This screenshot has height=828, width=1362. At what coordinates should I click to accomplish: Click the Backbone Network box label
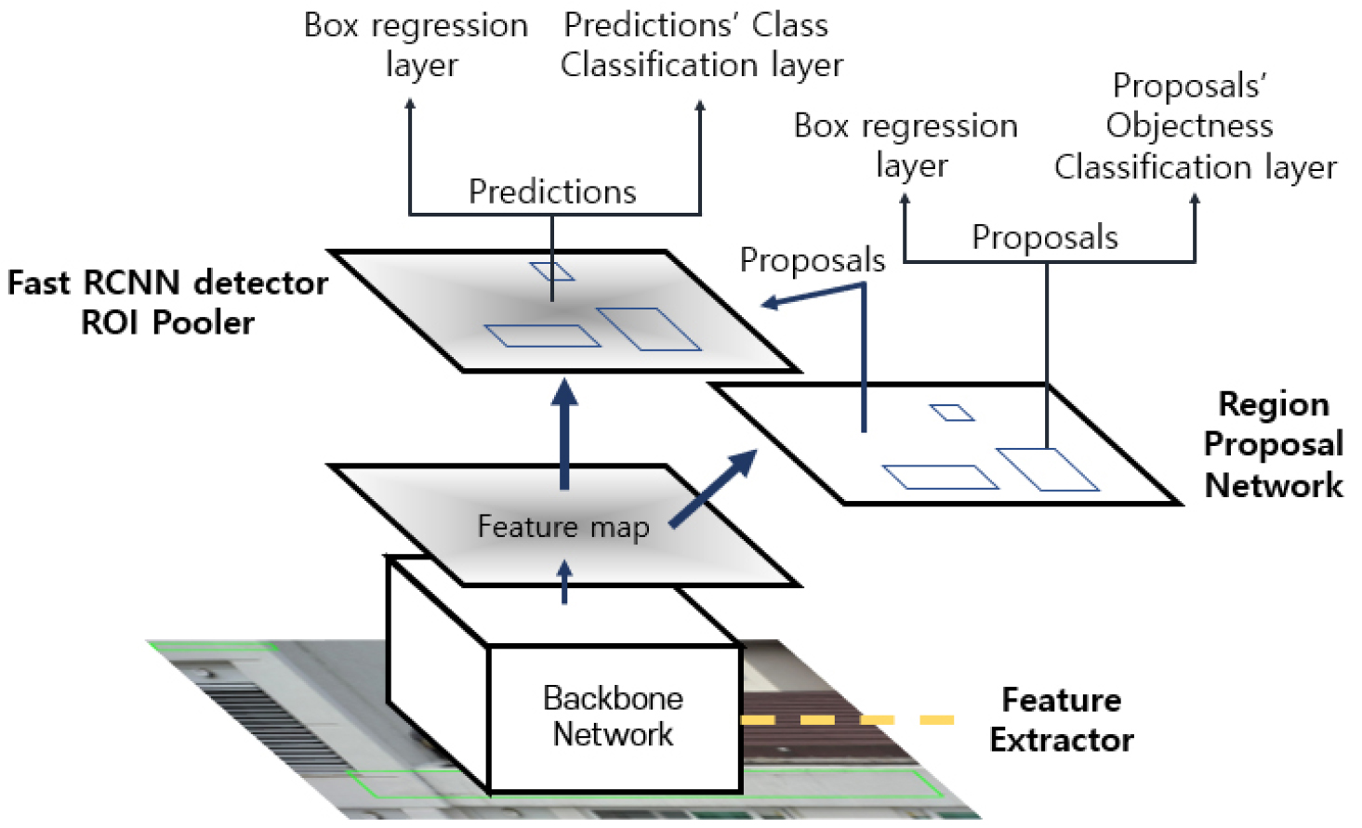pos(613,716)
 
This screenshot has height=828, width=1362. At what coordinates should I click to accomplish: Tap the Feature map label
pos(563,527)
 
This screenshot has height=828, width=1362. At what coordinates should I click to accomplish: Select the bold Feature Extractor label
pos(1061,719)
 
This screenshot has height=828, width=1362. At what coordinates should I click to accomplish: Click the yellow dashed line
pos(847,719)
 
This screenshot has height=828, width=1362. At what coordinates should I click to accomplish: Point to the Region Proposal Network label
pos(1273,444)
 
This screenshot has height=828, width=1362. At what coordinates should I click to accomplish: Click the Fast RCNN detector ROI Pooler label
pos(168,302)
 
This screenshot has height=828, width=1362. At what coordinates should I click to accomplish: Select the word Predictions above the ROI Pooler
pos(552,191)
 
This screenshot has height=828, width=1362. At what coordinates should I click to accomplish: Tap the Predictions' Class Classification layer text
pos(701,45)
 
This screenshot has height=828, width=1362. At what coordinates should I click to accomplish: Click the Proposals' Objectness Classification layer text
pos(1195,126)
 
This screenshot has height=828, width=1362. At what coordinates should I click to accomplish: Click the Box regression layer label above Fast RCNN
pos(417,45)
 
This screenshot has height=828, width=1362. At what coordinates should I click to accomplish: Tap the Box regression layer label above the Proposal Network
pos(906,145)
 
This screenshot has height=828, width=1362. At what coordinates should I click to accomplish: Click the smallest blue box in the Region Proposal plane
pos(952,413)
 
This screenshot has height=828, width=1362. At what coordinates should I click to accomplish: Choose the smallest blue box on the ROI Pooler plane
pos(552,271)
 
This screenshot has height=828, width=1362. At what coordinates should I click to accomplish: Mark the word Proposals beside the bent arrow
pos(813,260)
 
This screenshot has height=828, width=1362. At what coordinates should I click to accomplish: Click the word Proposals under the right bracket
pos(1045,238)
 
